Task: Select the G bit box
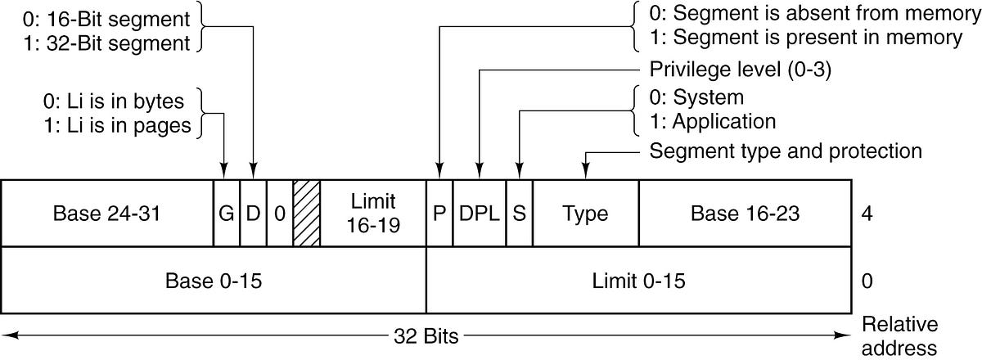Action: point(227,214)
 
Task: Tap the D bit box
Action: point(253,214)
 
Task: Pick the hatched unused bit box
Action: point(307,214)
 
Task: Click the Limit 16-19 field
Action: point(373,214)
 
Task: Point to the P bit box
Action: point(439,214)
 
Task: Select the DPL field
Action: point(480,214)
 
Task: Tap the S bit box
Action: point(519,214)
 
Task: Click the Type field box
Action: point(585,214)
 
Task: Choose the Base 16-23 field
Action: point(744,214)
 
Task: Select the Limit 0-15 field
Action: point(638,281)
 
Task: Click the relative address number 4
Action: point(867,214)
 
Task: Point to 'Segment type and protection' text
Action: point(786,151)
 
